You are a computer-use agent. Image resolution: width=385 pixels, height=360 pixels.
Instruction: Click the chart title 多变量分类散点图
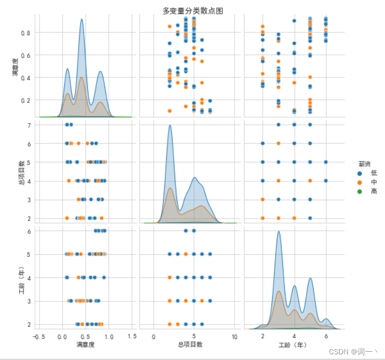point(192,10)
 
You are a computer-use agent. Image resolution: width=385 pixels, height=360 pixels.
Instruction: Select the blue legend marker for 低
point(359,174)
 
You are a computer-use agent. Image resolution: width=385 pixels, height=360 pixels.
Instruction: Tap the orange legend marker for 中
point(359,182)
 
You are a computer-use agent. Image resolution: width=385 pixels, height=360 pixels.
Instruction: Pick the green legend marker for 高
point(359,191)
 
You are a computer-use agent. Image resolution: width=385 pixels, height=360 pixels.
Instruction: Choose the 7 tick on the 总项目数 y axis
point(30,125)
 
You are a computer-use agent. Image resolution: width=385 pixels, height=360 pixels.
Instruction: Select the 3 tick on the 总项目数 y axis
point(30,200)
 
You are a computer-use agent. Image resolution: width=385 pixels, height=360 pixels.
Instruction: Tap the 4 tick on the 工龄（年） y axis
point(30,277)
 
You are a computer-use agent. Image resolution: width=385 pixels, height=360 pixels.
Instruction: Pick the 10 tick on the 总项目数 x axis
point(234,336)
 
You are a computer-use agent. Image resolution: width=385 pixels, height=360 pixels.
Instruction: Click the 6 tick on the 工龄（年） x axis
point(326,336)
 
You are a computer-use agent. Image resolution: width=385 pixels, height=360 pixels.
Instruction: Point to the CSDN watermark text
point(353,352)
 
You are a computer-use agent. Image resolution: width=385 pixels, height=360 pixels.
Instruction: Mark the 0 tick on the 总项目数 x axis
point(153,336)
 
